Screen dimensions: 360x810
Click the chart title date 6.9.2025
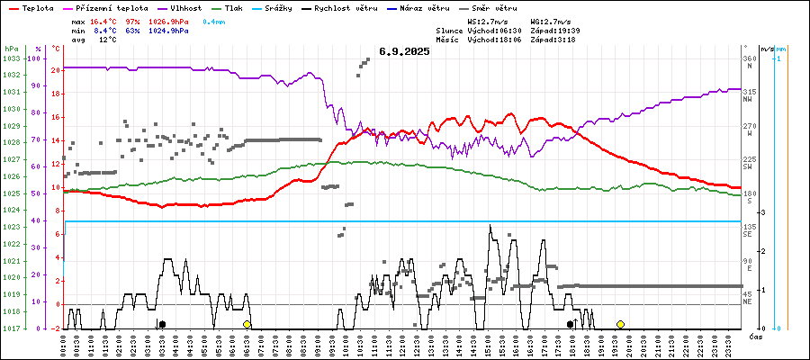point(404,51)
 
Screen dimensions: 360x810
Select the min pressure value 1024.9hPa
point(168,31)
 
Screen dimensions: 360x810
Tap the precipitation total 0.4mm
point(213,20)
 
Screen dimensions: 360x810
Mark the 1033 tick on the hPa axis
point(11,58)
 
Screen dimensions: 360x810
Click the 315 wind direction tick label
point(749,92)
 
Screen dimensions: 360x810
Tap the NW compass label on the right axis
point(748,100)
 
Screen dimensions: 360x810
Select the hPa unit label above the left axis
point(11,48)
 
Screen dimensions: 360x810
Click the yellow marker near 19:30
point(620,324)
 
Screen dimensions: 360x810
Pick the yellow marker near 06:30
point(247,324)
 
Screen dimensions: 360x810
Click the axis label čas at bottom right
point(757,336)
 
